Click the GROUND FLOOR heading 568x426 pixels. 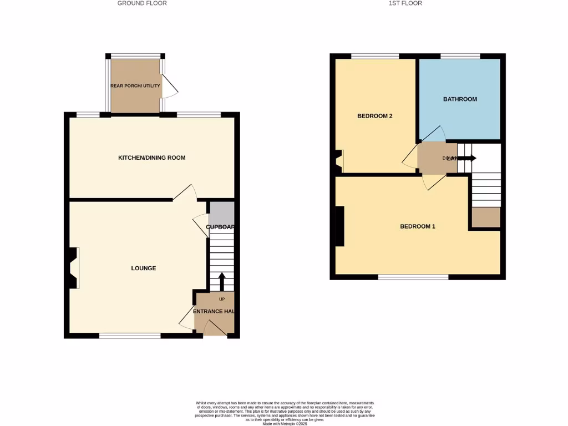(x=142, y=3)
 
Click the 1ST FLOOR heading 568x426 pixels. (x=405, y=3)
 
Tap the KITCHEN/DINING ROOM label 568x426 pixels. (x=151, y=158)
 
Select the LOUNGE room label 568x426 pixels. (x=143, y=268)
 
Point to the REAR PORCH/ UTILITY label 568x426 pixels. (x=135, y=86)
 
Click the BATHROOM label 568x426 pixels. (x=460, y=99)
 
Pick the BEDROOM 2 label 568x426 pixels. (x=374, y=116)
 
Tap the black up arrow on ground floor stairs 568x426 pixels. (x=222, y=281)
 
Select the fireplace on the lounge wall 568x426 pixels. (x=72, y=268)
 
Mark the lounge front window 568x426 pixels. (x=130, y=336)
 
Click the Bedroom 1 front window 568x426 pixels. (x=413, y=277)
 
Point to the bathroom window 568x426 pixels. (x=460, y=56)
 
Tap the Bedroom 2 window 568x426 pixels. (x=375, y=56)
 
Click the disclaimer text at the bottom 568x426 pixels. (x=285, y=413)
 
